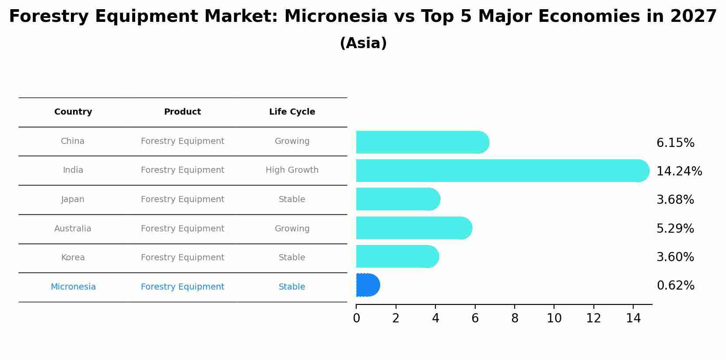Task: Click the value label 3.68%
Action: pos(675,200)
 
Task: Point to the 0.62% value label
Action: pos(675,286)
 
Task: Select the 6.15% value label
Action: pos(675,143)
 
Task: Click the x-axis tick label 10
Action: pos(554,318)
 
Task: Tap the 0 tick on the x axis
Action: pos(356,318)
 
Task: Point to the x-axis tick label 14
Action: pos(633,318)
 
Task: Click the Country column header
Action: pos(73,112)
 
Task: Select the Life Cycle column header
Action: pos(292,112)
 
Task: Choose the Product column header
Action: pos(182,112)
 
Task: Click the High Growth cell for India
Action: pos(292,170)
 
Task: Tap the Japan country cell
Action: pos(73,199)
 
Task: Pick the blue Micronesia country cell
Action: pos(73,287)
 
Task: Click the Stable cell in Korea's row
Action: pos(292,258)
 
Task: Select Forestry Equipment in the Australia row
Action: pos(182,229)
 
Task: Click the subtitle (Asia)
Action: pos(363,43)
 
